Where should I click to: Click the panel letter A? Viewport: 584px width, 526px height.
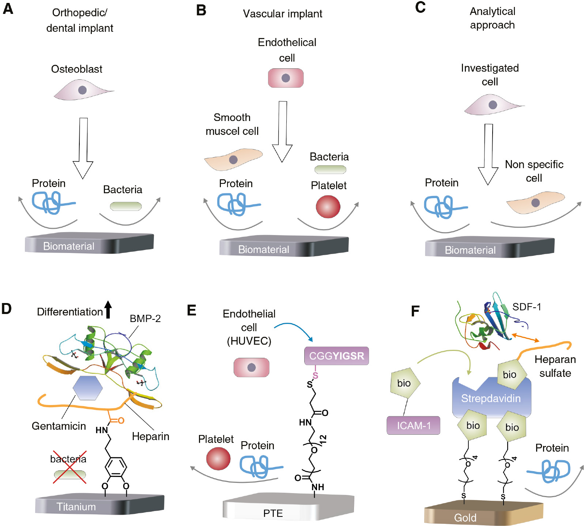pyautogui.click(x=8, y=8)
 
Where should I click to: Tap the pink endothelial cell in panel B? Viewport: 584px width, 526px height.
pyautogui.click(x=286, y=78)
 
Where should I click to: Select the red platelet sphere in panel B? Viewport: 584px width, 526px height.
pyautogui.click(x=328, y=207)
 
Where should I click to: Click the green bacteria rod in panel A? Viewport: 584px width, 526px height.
pyautogui.click(x=126, y=206)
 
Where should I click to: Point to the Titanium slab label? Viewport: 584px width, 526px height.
pyautogui.click(x=76, y=507)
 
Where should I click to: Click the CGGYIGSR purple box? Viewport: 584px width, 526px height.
pyautogui.click(x=336, y=356)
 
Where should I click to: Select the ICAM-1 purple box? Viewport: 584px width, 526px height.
pyautogui.click(x=413, y=425)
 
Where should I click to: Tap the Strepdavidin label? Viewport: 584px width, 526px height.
pyautogui.click(x=491, y=398)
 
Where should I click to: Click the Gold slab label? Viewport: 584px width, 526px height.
pyautogui.click(x=465, y=518)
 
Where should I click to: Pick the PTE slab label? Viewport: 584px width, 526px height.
pyautogui.click(x=273, y=513)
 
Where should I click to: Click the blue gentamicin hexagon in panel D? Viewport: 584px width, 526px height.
pyautogui.click(x=87, y=387)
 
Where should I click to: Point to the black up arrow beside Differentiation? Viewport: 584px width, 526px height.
pyautogui.click(x=108, y=309)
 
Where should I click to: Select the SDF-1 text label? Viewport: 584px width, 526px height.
pyautogui.click(x=527, y=307)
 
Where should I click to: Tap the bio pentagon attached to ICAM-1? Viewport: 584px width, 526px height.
pyautogui.click(x=404, y=383)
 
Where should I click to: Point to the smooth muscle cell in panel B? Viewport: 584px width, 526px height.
pyautogui.click(x=233, y=159)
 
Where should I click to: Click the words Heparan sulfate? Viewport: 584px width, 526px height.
pyautogui.click(x=555, y=366)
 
